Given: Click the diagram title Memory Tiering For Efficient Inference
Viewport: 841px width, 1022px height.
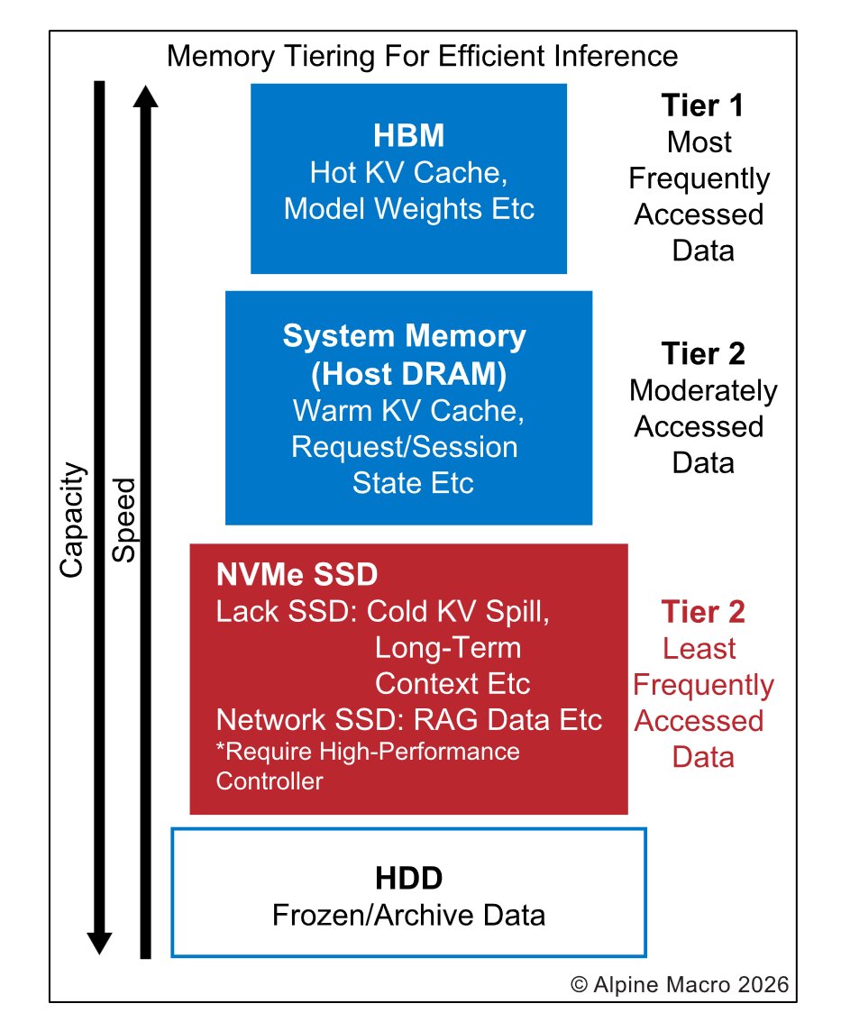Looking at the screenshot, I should point(422,56).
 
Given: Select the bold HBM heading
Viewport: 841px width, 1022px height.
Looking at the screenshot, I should point(408,137).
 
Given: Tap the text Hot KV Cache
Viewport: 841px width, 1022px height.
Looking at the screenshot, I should point(408,173).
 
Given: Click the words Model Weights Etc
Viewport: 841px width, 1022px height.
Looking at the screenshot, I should point(408,209).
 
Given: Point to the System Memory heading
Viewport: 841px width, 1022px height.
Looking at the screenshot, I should point(404,336).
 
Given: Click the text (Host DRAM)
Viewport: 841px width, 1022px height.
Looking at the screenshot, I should point(404,373).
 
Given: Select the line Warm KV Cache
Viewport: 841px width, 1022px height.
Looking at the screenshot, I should point(407,410).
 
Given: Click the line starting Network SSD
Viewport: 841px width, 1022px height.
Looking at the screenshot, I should point(408,720).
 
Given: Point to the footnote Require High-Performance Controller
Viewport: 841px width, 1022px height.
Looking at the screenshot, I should point(368,764).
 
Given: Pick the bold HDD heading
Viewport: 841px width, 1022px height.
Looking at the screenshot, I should point(408,878).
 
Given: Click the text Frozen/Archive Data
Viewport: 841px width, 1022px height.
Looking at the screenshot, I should point(408,916).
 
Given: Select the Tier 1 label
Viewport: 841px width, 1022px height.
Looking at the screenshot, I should point(702,105).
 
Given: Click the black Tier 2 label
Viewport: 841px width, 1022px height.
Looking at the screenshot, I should point(702,354).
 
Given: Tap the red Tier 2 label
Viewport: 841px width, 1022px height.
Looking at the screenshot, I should point(702,612).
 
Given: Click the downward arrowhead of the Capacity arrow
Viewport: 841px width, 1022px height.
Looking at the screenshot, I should point(99,943).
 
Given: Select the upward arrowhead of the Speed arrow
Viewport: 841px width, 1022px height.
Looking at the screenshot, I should point(144,94).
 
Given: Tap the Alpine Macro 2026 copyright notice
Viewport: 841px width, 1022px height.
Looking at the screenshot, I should point(680,983).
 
